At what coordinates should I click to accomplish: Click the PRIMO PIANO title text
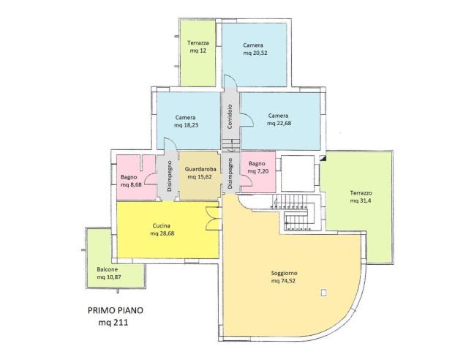[x=116, y=310]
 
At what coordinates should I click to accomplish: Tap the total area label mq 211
[x=113, y=323]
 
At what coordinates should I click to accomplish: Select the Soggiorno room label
[x=284, y=273]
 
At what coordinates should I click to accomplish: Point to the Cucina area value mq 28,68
[x=162, y=233]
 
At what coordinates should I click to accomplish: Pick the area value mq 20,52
[x=255, y=53]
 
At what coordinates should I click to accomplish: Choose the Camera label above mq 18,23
[x=185, y=117]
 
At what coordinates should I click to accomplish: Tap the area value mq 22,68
[x=279, y=124]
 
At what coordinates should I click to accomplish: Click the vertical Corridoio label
[x=230, y=116]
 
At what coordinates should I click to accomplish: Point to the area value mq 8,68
[x=131, y=184]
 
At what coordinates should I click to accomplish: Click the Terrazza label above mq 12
[x=198, y=43]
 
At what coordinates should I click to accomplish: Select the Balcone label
[x=108, y=269]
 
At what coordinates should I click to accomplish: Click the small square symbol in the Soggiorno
[x=324, y=292]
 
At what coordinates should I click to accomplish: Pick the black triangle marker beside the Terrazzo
[x=323, y=158]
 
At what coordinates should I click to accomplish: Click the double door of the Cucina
[x=212, y=218]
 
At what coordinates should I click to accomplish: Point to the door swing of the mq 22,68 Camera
[x=247, y=119]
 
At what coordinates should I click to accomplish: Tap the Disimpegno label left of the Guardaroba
[x=170, y=176]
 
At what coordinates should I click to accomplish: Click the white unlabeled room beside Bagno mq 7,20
[x=298, y=173]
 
